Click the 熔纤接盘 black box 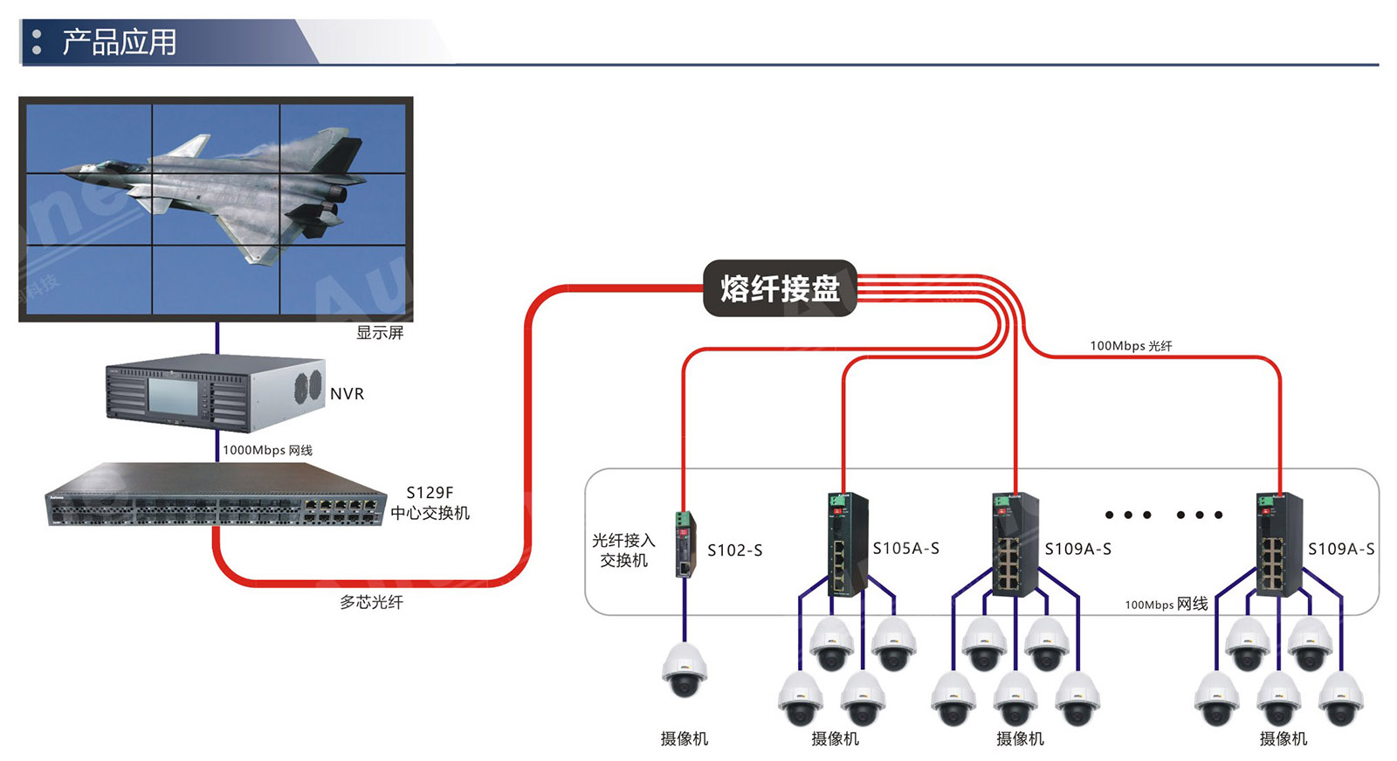(x=780, y=288)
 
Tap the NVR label (x=347, y=394)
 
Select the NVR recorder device (x=215, y=393)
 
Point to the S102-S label (x=734, y=550)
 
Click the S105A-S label (x=905, y=549)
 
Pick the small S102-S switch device (x=685, y=543)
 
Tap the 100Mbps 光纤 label (x=1131, y=346)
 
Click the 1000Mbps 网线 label (x=267, y=450)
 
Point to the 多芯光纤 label (x=371, y=602)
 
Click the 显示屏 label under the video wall (x=380, y=333)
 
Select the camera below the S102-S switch (x=685, y=670)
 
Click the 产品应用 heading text (x=119, y=42)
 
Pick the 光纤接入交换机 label (x=623, y=550)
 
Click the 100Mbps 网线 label (x=1166, y=604)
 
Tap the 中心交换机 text (x=430, y=513)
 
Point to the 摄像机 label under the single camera (x=685, y=739)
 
